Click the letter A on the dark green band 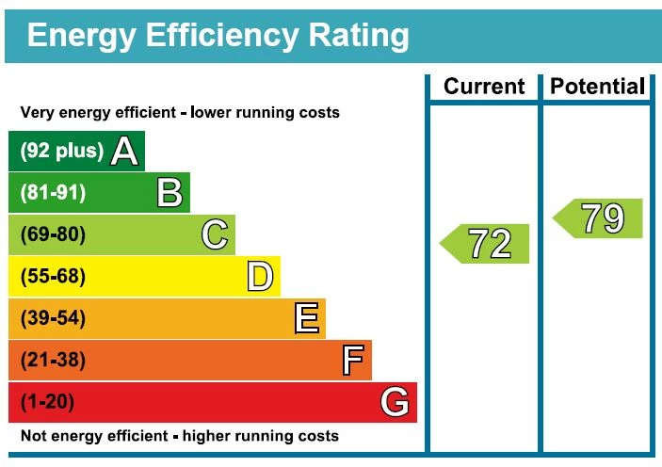pos(124,152)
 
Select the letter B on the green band pos(170,193)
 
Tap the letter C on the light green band pos(215,234)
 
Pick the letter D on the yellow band pos(260,277)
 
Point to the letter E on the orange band pos(306,318)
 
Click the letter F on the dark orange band pos(352,360)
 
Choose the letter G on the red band pos(396,402)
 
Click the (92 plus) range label pos(61,152)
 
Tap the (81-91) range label pos(53,193)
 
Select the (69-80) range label pos(53,234)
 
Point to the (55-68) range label pos(53,277)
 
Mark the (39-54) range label pos(53,318)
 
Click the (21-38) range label pos(53,360)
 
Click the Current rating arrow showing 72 pos(486,244)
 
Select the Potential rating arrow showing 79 pos(599,218)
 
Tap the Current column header pos(484,87)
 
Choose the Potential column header pos(598,87)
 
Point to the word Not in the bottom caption pos(32,436)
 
